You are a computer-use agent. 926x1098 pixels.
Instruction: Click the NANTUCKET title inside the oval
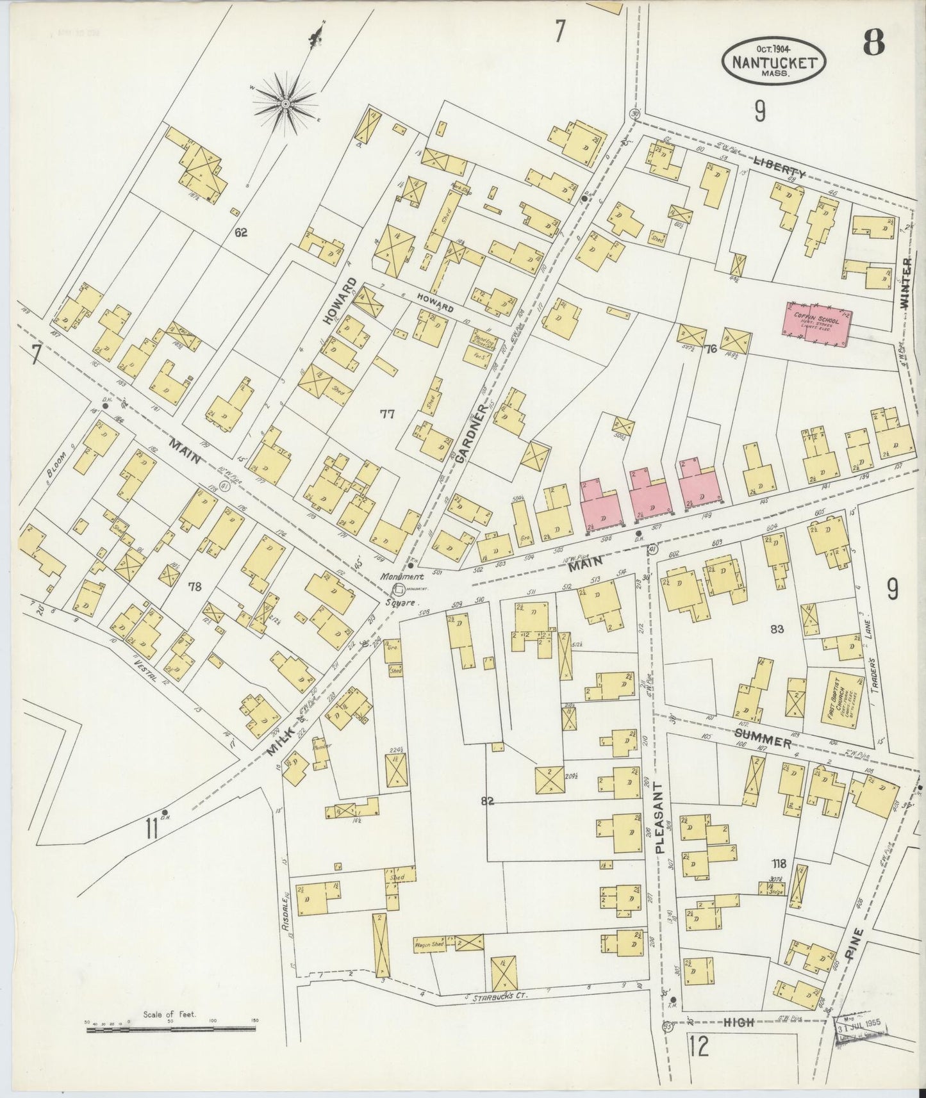point(774,63)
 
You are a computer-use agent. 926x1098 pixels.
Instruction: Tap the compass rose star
point(286,102)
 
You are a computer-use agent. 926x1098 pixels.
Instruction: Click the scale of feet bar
point(170,1030)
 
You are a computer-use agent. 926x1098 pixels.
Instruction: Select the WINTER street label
point(905,283)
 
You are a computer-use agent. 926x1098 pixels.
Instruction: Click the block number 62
point(241,233)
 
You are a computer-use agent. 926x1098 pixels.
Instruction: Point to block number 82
point(488,801)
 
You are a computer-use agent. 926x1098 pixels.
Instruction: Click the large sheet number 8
point(873,42)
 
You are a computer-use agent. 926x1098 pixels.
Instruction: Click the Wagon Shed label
point(430,945)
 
